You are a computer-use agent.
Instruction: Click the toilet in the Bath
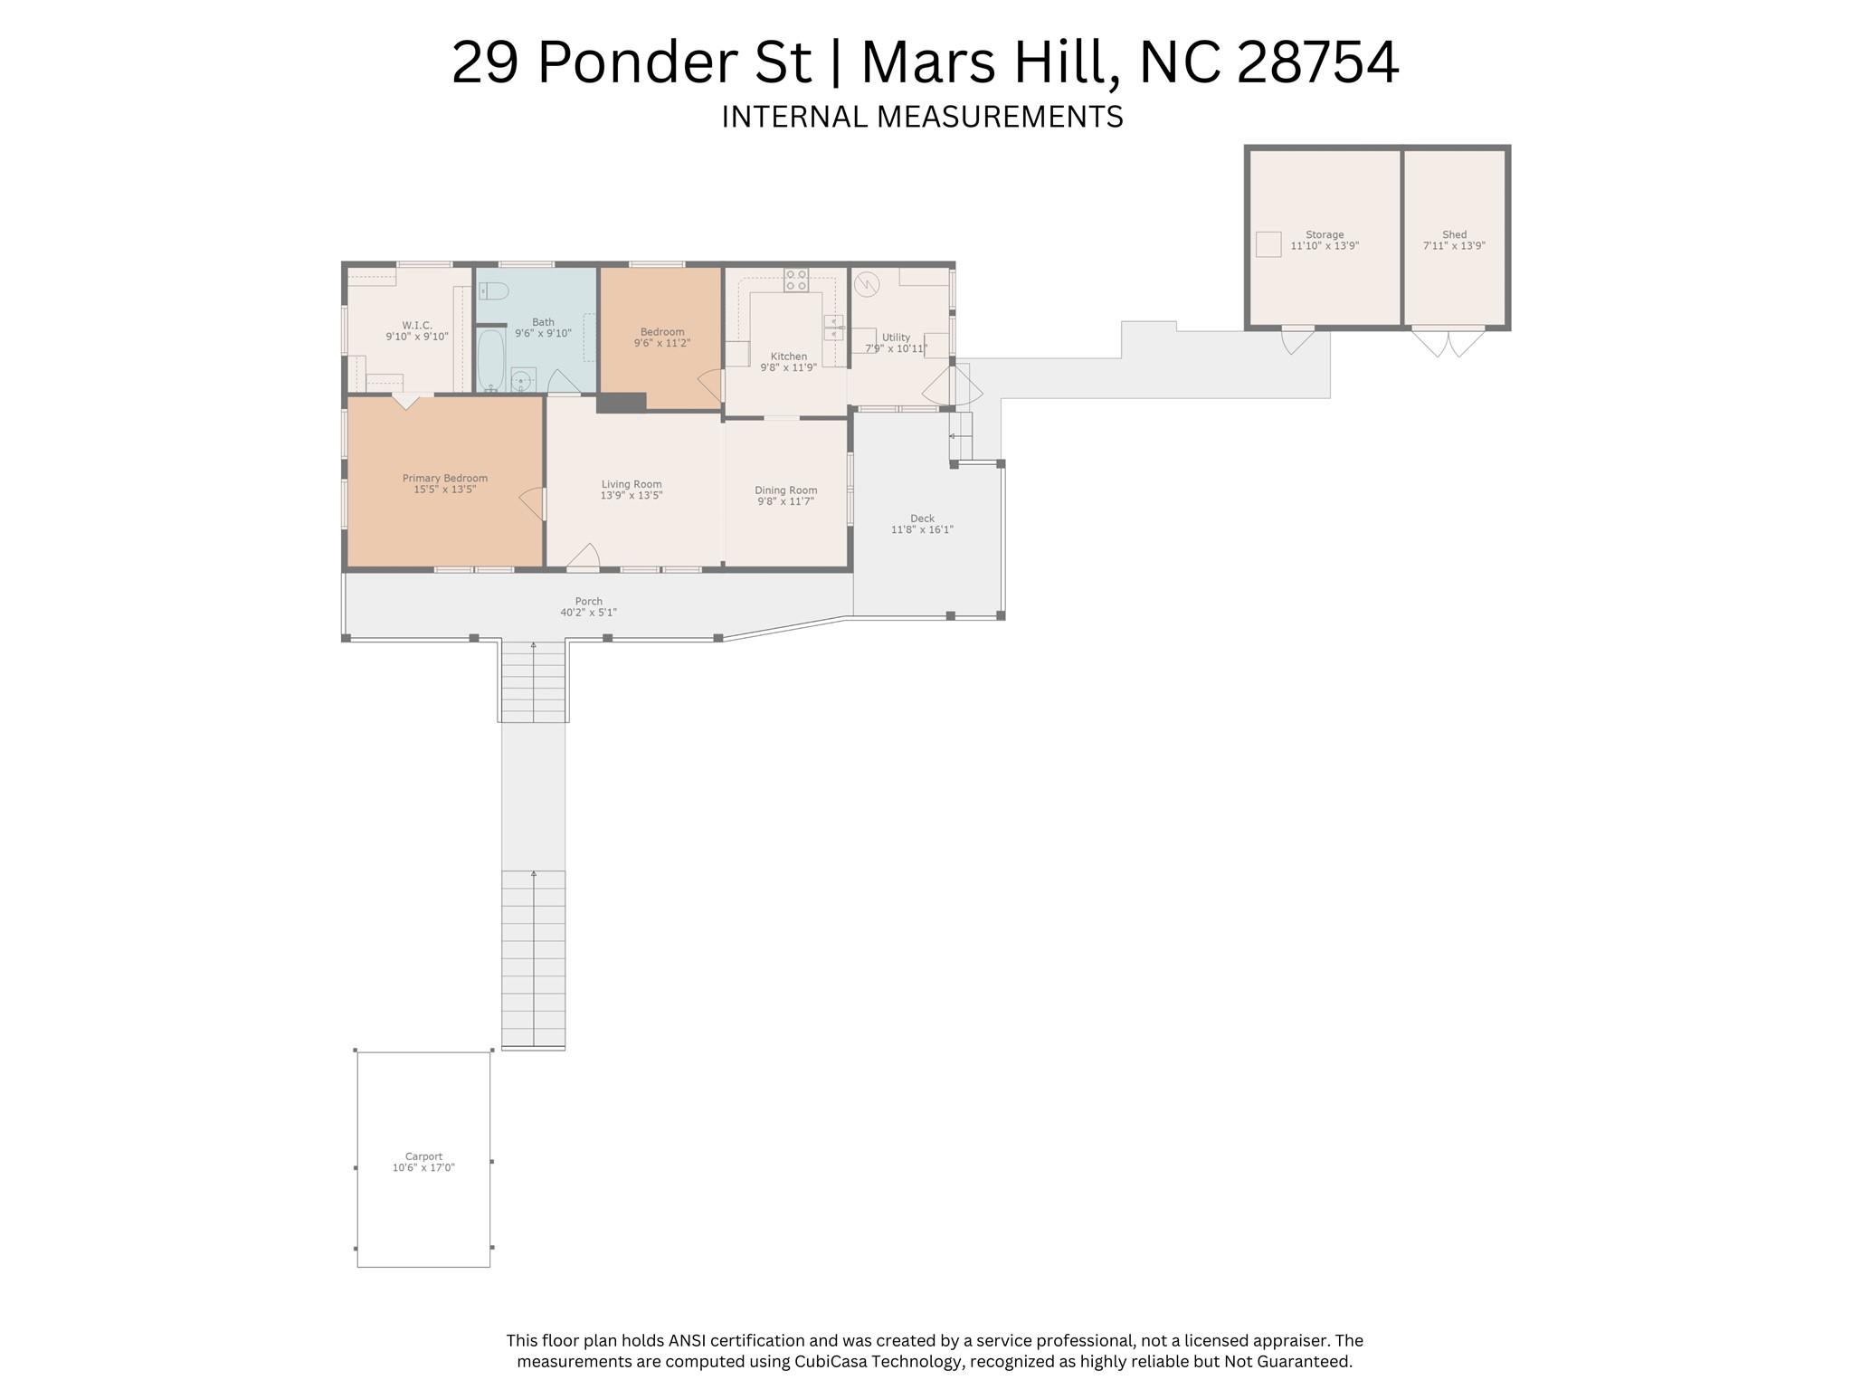click(x=494, y=290)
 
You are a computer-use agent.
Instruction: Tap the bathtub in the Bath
click(x=491, y=358)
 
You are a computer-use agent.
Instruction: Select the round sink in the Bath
click(x=522, y=380)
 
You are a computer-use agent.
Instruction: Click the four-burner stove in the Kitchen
click(x=796, y=280)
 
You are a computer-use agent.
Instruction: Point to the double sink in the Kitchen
click(x=833, y=328)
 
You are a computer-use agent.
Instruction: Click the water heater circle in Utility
click(x=867, y=285)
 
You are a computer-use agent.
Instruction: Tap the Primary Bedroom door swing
click(x=533, y=503)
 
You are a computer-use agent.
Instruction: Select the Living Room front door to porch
click(x=584, y=557)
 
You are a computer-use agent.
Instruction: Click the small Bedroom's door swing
click(x=711, y=386)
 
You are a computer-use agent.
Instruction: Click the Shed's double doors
click(x=1448, y=342)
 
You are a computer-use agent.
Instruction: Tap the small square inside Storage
click(x=1268, y=244)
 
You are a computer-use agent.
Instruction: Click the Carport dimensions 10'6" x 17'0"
click(x=423, y=1167)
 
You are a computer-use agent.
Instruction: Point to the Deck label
click(x=922, y=518)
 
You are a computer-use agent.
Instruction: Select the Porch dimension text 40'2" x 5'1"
click(x=588, y=613)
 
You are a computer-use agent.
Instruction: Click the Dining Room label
click(x=785, y=490)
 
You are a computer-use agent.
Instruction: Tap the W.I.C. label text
click(x=416, y=326)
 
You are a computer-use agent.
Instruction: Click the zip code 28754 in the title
click(x=1317, y=62)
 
